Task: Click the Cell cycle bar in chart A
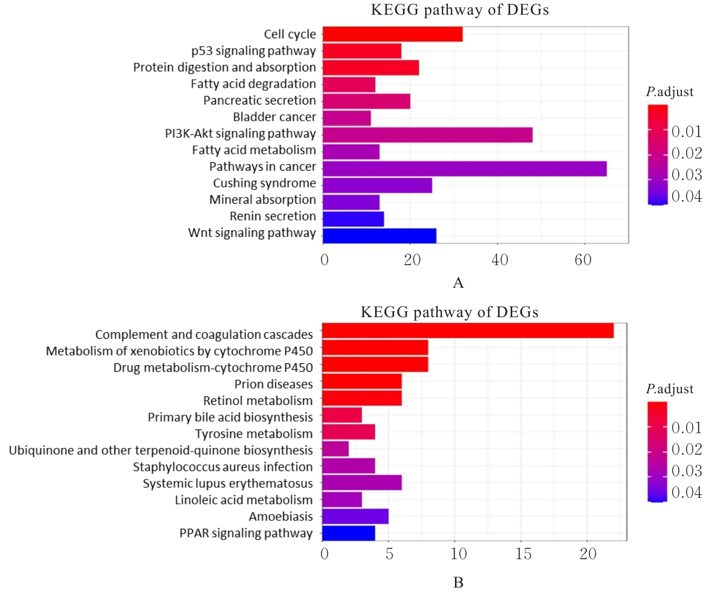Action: click(x=392, y=34)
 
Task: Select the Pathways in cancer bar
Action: click(x=464, y=169)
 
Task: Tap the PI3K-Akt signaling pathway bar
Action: click(x=427, y=135)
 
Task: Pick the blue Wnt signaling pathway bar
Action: click(x=379, y=235)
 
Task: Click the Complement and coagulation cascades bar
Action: click(x=468, y=331)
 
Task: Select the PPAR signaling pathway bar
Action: click(x=348, y=533)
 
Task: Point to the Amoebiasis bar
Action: click(x=355, y=516)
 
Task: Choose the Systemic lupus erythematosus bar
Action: click(x=361, y=483)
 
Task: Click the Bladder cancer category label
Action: click(x=274, y=117)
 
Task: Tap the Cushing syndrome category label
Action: click(x=264, y=183)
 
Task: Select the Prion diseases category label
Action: click(x=273, y=384)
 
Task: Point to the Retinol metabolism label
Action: click(x=257, y=401)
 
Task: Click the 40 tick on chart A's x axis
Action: click(x=500, y=259)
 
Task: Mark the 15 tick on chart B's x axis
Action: click(x=523, y=554)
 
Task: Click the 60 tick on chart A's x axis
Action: click(x=583, y=259)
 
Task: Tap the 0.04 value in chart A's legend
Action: click(x=687, y=196)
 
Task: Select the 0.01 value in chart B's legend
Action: click(x=687, y=428)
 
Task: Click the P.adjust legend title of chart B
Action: click(x=669, y=389)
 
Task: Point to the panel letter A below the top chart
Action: click(x=458, y=283)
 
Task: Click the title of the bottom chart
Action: click(x=449, y=312)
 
